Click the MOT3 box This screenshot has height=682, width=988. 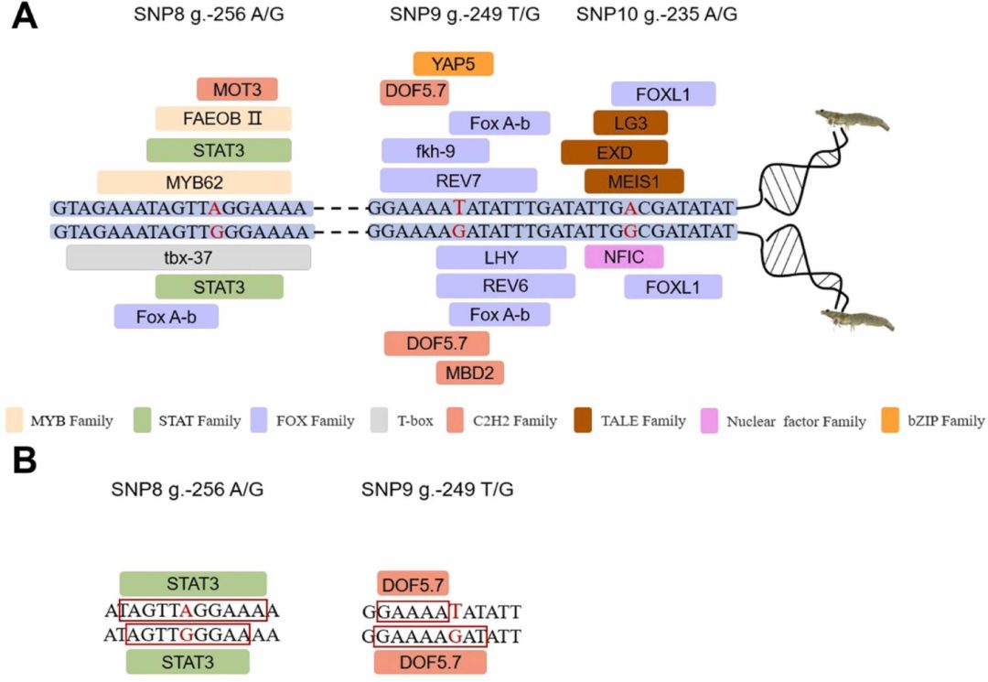coord(237,90)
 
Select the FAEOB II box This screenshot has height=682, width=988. coord(223,119)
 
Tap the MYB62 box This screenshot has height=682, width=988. coord(194,180)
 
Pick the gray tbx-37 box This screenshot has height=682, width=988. coord(188,257)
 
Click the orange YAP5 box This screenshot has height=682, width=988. coord(453,64)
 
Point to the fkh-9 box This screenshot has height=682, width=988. coord(435,150)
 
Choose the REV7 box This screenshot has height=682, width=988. coord(457,180)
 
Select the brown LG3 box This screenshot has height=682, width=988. coord(630,123)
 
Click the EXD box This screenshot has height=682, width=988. coord(614,152)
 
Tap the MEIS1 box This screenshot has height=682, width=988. coord(634,181)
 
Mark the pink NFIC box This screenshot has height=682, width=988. coord(624,257)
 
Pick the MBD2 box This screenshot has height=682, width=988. coord(470,373)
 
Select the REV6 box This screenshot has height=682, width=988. coord(505,287)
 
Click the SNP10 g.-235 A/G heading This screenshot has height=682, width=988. coord(658,16)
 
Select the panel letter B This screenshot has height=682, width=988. coord(24,460)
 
